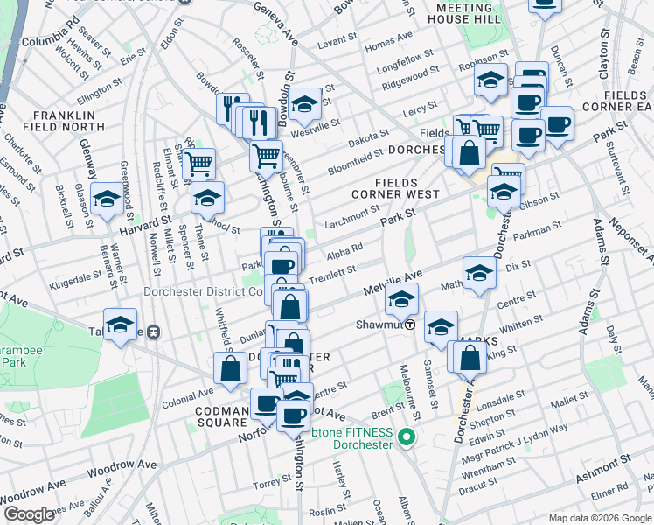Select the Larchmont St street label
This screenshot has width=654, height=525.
352,213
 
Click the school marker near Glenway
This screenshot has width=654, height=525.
107,199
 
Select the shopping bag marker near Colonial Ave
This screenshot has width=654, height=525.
231,368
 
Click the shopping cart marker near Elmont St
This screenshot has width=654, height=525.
199,162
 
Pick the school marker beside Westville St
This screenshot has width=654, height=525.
305,106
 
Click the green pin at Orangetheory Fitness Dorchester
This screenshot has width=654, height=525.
405,436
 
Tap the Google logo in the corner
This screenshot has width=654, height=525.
29,514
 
